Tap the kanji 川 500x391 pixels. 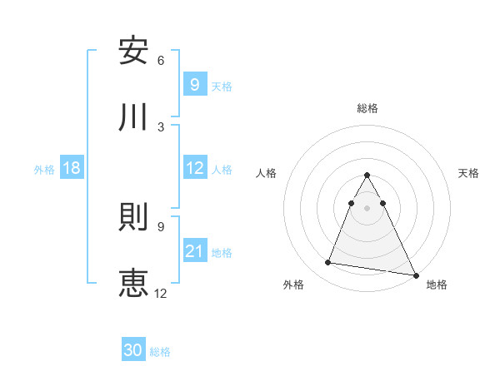(133, 117)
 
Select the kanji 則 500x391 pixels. (133, 216)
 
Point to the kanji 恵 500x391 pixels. (133, 283)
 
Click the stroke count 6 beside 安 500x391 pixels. (161, 60)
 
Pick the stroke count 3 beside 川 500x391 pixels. (161, 126)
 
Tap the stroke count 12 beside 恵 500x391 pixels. (161, 293)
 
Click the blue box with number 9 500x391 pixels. (194, 84)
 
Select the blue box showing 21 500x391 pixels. (194, 250)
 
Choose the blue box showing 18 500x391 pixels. (72, 168)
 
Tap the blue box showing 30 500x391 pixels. (133, 350)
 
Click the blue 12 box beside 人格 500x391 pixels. (194, 168)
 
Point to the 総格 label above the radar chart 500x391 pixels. (367, 108)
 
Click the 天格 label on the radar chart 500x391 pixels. (468, 173)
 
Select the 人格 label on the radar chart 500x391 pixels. (267, 173)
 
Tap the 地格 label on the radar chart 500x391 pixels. (437, 285)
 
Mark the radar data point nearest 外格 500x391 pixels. (328, 263)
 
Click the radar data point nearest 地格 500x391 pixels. (415, 275)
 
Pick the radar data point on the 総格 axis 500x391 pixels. (367, 176)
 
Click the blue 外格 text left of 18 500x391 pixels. (44, 169)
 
